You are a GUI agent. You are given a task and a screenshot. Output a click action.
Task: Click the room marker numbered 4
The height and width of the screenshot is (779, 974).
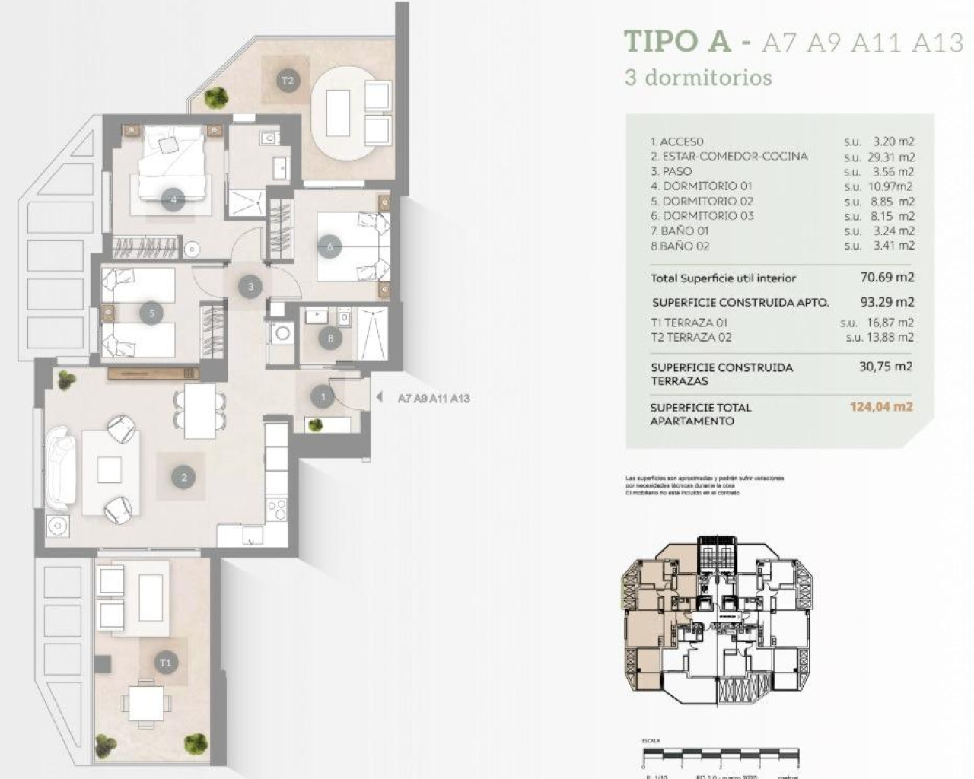(173, 200)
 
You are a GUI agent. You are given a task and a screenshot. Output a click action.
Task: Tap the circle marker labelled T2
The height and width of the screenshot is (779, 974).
(287, 80)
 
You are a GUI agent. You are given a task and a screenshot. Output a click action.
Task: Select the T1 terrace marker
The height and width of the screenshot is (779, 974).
(165, 663)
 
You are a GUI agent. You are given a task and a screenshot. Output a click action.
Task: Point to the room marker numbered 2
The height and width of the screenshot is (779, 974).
(183, 478)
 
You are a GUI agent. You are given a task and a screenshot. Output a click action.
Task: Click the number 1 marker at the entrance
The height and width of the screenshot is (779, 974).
(323, 396)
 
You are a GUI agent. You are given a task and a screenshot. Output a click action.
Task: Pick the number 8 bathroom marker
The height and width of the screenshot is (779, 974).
(329, 339)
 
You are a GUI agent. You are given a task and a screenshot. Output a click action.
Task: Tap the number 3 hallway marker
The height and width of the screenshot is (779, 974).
(250, 287)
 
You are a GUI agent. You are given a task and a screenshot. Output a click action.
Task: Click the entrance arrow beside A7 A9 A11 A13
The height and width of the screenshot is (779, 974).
(379, 397)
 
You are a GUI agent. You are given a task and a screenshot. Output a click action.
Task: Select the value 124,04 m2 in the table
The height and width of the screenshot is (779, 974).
(881, 406)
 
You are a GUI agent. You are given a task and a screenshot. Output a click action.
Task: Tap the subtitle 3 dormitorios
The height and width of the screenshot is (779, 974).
(698, 78)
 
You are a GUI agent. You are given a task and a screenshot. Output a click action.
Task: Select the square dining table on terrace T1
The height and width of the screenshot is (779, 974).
(145, 703)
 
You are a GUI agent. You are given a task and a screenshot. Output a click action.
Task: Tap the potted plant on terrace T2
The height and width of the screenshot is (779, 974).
(217, 97)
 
